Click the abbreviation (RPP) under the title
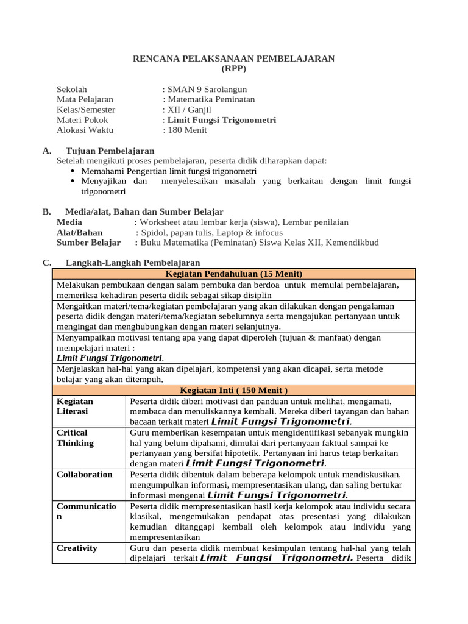(234, 69)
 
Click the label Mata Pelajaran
(85, 99)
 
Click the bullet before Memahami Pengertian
(74, 171)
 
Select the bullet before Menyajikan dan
(74, 182)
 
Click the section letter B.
(46, 211)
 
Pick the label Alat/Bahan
(80, 232)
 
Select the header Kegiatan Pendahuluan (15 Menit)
(234, 274)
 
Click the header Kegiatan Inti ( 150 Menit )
(234, 390)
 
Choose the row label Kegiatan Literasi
(75, 406)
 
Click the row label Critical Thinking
(76, 438)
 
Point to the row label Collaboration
(85, 474)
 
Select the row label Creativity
(77, 548)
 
